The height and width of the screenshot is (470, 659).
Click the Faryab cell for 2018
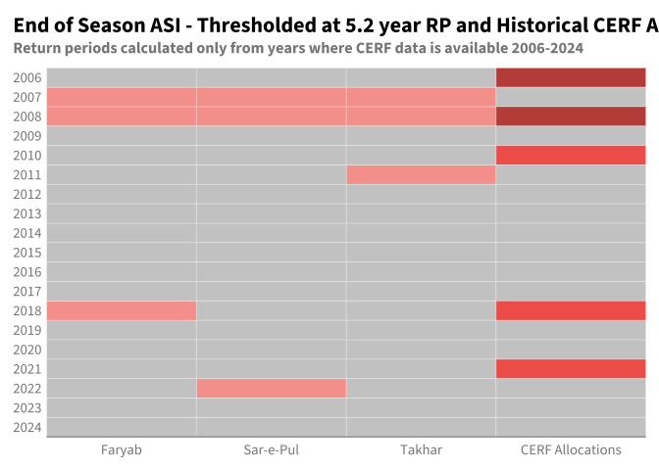pyautogui.click(x=122, y=311)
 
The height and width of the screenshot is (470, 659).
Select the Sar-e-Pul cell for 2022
pyautogui.click(x=272, y=389)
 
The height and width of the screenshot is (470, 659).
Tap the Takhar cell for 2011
pyautogui.click(x=421, y=175)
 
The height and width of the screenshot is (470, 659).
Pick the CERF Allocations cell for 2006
pyautogui.click(x=571, y=77)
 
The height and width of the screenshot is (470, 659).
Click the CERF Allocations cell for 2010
pyautogui.click(x=571, y=156)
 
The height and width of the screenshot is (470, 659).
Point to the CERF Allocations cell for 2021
pyautogui.click(x=571, y=369)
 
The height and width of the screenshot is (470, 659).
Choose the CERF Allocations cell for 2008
pyautogui.click(x=571, y=117)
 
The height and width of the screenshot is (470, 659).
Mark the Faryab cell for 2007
pyautogui.click(x=122, y=97)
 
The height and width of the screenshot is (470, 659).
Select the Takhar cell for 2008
pyautogui.click(x=421, y=117)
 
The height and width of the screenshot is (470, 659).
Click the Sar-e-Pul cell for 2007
pyautogui.click(x=272, y=97)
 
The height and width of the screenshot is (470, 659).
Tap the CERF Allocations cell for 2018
pyautogui.click(x=571, y=311)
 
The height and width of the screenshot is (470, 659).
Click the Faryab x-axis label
pyautogui.click(x=122, y=449)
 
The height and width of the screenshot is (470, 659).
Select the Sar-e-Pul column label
pyautogui.click(x=272, y=449)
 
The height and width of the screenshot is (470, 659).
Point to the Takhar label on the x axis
pyautogui.click(x=421, y=449)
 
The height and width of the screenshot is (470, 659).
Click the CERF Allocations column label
pyautogui.click(x=571, y=449)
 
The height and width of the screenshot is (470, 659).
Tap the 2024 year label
pyautogui.click(x=27, y=428)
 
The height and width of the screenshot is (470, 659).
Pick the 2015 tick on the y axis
pyautogui.click(x=27, y=253)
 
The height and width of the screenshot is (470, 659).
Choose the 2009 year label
pyautogui.click(x=27, y=136)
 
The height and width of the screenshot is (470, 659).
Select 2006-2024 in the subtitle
pyautogui.click(x=547, y=48)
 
